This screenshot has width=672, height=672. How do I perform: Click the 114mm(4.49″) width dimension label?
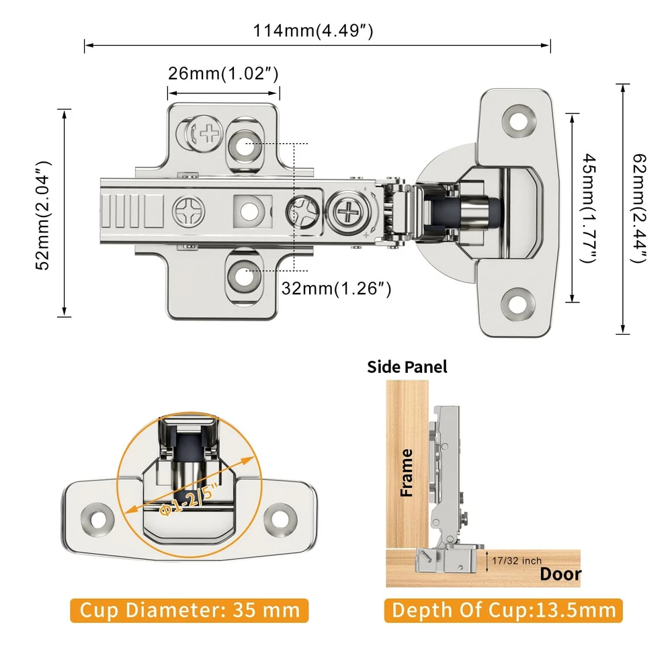312,31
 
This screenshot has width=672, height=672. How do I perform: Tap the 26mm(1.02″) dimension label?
223,73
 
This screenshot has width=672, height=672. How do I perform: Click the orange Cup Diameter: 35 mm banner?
190,610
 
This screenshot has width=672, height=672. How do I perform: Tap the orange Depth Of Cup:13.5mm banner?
504,610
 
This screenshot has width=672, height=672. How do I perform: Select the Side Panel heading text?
407,367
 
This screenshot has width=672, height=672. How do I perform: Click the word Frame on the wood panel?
407,473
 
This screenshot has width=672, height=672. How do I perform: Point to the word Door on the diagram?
560,575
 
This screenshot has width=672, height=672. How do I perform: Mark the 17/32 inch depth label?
516,560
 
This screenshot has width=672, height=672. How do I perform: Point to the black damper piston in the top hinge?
451,211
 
